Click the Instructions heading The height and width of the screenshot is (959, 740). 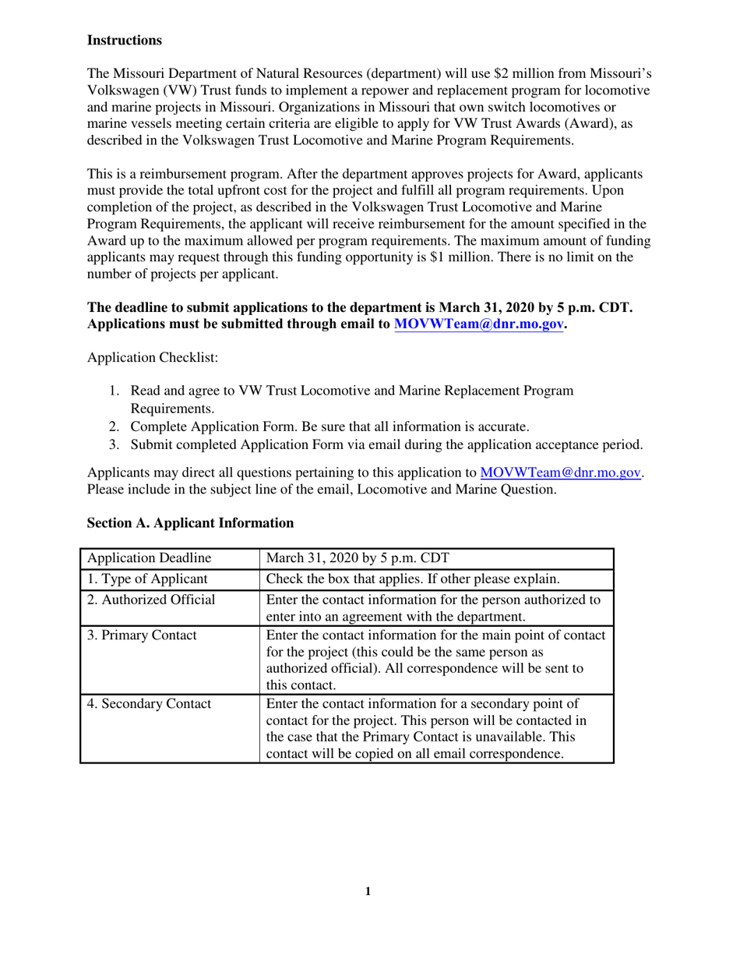(x=125, y=40)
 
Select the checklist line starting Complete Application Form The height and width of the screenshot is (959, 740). (x=329, y=426)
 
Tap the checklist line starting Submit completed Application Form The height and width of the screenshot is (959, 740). (x=386, y=445)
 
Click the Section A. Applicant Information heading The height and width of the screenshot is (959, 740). (x=190, y=522)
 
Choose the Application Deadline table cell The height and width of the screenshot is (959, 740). (x=149, y=558)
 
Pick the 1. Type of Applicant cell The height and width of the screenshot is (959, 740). (x=147, y=579)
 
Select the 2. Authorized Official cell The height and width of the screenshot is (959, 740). (x=151, y=600)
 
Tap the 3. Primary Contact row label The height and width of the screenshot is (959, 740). (x=142, y=635)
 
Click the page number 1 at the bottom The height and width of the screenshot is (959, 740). (x=368, y=892)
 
